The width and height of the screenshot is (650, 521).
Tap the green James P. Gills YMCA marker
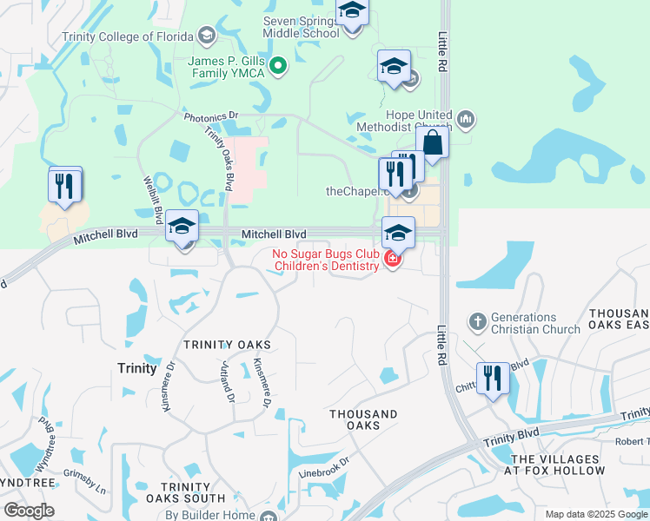pos(278,65)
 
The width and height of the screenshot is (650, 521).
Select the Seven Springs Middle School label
pos(301,27)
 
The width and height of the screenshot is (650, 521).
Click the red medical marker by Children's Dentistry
pos(392,260)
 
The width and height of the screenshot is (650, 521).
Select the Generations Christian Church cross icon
pos(477,322)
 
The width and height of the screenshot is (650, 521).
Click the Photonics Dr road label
pos(210,115)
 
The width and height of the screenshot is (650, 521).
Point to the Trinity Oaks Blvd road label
pos(219,158)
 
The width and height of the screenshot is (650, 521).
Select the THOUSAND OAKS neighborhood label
pos(363,419)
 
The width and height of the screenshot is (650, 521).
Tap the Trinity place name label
pos(136,368)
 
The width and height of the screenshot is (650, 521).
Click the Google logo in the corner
pos(29,511)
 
